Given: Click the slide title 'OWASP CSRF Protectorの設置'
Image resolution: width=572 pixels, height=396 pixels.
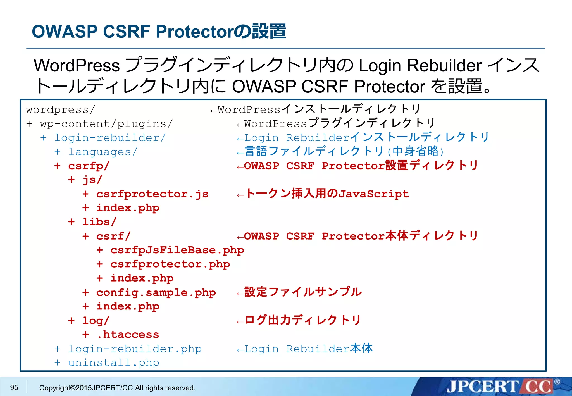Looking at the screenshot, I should [159, 31].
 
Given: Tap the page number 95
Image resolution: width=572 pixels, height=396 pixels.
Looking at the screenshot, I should [14, 387].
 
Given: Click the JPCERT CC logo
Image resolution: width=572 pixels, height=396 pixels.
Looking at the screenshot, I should [500, 387].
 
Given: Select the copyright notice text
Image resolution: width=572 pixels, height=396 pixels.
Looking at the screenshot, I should [117, 388].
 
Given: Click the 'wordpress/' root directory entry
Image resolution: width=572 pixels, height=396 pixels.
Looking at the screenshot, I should [61, 110].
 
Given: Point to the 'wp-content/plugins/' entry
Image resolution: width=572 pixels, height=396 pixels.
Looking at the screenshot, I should [106, 124].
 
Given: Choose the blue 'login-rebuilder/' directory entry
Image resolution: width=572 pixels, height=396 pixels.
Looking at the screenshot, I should [110, 138].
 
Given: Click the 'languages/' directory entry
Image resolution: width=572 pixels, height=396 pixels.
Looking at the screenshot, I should [103, 152].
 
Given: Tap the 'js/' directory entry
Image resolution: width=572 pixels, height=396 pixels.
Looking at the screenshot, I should [92, 180].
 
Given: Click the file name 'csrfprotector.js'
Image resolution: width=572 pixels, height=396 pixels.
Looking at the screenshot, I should [152, 194].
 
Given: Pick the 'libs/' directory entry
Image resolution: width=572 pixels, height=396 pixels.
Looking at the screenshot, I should [99, 222].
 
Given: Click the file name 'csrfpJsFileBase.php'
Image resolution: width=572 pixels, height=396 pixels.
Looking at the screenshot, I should [177, 250].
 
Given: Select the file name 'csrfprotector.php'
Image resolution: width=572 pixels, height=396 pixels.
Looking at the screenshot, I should [170, 264].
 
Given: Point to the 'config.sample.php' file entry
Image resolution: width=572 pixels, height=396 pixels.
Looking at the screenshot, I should [156, 293].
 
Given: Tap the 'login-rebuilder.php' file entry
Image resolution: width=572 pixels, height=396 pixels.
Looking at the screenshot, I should [135, 349].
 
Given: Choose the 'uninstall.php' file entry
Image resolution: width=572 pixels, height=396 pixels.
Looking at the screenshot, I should [113, 363].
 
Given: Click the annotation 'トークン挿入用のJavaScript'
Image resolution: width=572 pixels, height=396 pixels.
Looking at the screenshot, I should [327, 194].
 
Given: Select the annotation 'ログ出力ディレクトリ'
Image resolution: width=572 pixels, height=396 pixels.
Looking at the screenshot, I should [303, 320].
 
